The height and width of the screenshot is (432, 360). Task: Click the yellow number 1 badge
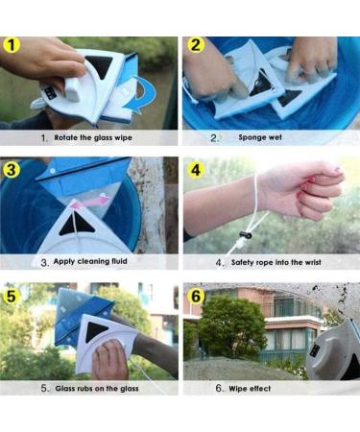click(x=12, y=45)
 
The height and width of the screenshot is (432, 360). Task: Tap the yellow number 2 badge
click(x=196, y=45)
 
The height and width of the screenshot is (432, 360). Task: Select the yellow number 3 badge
click(x=12, y=170)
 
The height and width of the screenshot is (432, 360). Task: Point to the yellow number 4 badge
click(x=196, y=170)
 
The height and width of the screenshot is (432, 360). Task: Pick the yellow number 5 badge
click(x=12, y=296)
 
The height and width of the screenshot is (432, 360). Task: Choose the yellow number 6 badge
click(x=196, y=296)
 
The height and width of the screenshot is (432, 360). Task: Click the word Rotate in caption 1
click(x=66, y=138)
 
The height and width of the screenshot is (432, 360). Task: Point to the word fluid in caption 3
click(x=119, y=261)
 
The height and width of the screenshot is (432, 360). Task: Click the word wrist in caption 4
click(x=312, y=262)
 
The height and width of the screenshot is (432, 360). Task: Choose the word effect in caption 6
click(x=260, y=389)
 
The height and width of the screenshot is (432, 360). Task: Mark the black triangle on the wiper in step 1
click(x=100, y=65)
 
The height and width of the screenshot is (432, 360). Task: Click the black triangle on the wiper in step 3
click(x=77, y=224)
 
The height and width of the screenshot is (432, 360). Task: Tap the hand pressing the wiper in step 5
click(x=109, y=359)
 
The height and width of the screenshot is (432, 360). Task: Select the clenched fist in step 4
click(x=302, y=190)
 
